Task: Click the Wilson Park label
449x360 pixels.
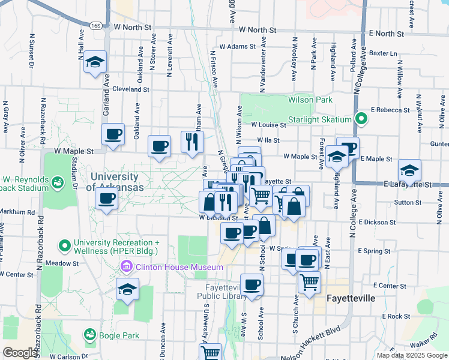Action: (310, 100)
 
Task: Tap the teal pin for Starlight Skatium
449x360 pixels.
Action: (360, 119)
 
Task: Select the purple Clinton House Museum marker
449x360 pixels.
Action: (127, 266)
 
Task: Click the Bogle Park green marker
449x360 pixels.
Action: (90, 334)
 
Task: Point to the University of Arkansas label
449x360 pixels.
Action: (115, 182)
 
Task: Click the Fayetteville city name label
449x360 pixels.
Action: (351, 298)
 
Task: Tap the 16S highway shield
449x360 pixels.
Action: (95, 26)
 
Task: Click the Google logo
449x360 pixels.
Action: (20, 353)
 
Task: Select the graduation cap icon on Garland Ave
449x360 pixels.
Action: (95, 62)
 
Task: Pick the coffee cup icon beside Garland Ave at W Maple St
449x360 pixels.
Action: (113, 135)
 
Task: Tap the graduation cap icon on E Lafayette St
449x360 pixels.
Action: (409, 170)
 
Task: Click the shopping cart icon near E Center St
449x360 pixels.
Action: (309, 281)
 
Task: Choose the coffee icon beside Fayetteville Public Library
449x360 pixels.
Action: (252, 285)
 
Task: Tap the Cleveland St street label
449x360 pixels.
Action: (131, 89)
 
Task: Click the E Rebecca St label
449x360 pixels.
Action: (390, 110)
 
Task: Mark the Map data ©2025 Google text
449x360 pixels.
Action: (412, 355)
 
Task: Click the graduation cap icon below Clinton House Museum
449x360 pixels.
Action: (127, 290)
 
